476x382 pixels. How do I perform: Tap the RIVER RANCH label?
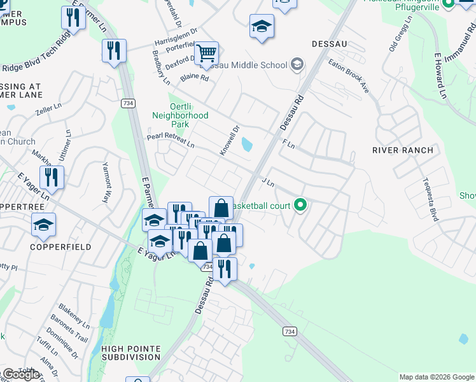pyautogui.click(x=402, y=150)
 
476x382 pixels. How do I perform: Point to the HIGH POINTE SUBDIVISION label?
pyautogui.click(x=130, y=352)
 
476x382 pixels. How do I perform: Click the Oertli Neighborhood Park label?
pyautogui.click(x=180, y=111)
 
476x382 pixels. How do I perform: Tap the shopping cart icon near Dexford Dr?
pyautogui.click(x=206, y=54)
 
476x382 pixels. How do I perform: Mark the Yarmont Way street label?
pyautogui.click(x=107, y=182)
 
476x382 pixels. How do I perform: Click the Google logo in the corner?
pyautogui.click(x=20, y=374)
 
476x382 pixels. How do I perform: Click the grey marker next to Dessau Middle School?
pyautogui.click(x=297, y=64)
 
